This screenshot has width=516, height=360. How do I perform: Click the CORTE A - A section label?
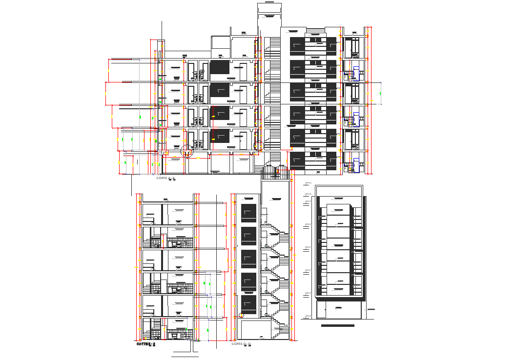pyautogui.click(x=165, y=179)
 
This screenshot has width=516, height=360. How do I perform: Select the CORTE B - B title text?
pyautogui.click(x=145, y=344)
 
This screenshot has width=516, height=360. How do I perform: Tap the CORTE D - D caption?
pyautogui.click(x=241, y=344)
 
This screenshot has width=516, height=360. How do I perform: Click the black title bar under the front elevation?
pyautogui.click(x=337, y=325)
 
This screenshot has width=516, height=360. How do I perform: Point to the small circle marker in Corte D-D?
pyautogui.click(x=241, y=316)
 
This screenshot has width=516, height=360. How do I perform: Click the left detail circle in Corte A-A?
pyautogui.click(x=187, y=151)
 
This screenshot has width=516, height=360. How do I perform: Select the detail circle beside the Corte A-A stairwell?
pyautogui.click(x=259, y=145)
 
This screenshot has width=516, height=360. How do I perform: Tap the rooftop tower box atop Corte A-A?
pyautogui.click(x=269, y=15)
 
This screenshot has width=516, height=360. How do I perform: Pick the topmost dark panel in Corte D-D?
pyautogui.click(x=248, y=214)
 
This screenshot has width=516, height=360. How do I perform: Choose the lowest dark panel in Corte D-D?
pyautogui.click(x=248, y=304)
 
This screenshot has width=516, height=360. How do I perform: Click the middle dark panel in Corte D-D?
pyautogui.click(x=248, y=259)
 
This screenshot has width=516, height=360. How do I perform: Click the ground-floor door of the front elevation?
pyautogui.click(x=338, y=310)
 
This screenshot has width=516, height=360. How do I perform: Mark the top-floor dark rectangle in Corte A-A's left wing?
pyautogui.click(x=219, y=67)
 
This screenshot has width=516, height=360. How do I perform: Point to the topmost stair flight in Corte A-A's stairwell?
pyautogui.click(x=275, y=44)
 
